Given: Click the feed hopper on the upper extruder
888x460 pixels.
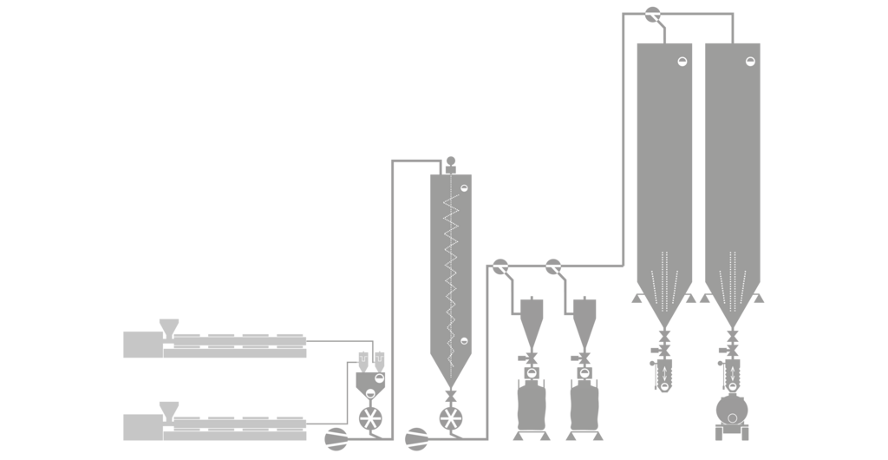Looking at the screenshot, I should [169, 326].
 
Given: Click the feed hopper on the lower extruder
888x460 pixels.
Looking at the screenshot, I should [169, 409].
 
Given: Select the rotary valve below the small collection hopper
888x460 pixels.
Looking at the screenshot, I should [370, 418].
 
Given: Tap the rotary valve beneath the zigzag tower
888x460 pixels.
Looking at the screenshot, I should [450, 418].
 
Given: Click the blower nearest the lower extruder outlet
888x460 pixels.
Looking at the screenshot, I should [336, 438].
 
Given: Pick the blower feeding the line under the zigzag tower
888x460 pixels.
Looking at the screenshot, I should [416, 438].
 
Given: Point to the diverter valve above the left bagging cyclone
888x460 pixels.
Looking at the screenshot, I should [500, 266].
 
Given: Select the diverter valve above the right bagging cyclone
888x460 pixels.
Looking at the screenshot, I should [553, 266].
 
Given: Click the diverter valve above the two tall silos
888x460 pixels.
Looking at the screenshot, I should [653, 15].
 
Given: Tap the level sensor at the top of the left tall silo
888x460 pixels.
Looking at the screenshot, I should [682, 61].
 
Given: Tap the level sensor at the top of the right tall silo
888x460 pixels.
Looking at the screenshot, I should [750, 61].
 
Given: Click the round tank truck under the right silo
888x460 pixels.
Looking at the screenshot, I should [732, 410].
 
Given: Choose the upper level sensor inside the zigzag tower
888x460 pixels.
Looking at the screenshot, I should [464, 187].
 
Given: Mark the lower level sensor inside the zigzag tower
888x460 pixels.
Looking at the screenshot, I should [464, 340].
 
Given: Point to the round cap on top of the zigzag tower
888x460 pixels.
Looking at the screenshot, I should [451, 161].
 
